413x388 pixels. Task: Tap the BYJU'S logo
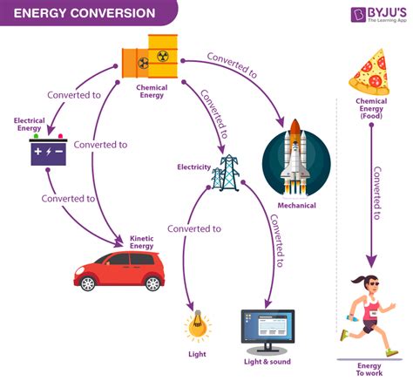(x=374, y=15)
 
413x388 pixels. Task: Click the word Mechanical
(x=296, y=207)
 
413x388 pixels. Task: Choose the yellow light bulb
(x=197, y=326)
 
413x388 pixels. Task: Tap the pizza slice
(x=369, y=69)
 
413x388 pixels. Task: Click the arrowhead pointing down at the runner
(x=370, y=261)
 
